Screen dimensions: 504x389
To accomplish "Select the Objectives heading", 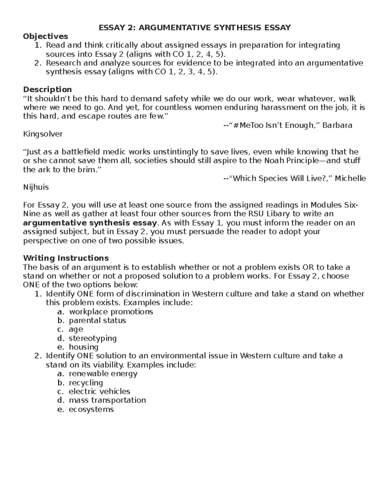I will [x=45, y=36].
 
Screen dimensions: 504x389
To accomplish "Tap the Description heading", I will [x=47, y=89].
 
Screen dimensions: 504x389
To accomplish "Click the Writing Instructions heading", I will [x=66, y=258].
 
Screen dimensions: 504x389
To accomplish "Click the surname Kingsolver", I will [x=43, y=134].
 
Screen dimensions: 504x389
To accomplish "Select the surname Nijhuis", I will [x=36, y=187].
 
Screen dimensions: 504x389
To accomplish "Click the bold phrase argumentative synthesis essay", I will [x=90, y=223].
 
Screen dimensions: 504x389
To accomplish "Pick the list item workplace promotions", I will [x=111, y=312].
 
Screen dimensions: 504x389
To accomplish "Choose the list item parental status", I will [x=97, y=321].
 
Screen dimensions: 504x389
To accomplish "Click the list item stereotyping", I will [x=93, y=338].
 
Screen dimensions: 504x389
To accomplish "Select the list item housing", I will [x=83, y=347].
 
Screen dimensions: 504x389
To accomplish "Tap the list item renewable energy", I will [x=103, y=374].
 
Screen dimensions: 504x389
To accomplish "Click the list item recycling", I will [x=86, y=383].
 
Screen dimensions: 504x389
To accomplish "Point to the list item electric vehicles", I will [x=99, y=391].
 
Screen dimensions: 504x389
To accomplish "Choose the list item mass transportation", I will [x=107, y=400].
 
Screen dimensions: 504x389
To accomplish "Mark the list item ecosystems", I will [x=91, y=409].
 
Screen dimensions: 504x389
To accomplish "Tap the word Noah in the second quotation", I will [x=275, y=161].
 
